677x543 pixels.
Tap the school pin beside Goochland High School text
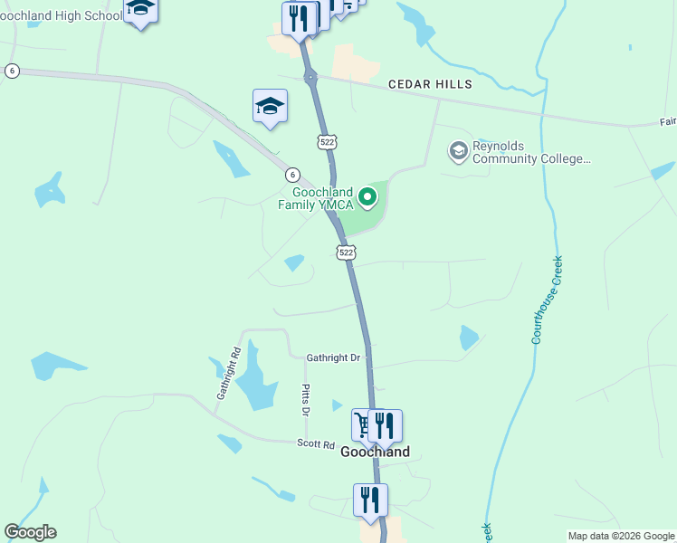click(x=140, y=10)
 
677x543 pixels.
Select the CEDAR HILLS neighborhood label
click(x=430, y=84)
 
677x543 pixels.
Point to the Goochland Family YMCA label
click(x=321, y=198)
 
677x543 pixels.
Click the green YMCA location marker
click(x=367, y=196)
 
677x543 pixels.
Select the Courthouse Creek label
click(x=548, y=299)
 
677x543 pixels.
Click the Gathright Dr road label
click(x=333, y=358)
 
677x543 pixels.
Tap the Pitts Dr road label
click(x=306, y=399)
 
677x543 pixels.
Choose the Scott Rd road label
click(x=317, y=444)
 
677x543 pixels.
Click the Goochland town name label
click(x=375, y=452)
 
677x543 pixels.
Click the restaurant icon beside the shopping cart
click(x=386, y=424)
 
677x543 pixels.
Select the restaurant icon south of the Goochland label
click(x=370, y=499)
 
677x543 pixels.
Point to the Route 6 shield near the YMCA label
click(x=291, y=175)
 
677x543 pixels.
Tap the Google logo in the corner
click(x=30, y=532)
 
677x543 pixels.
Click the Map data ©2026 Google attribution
click(x=622, y=536)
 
